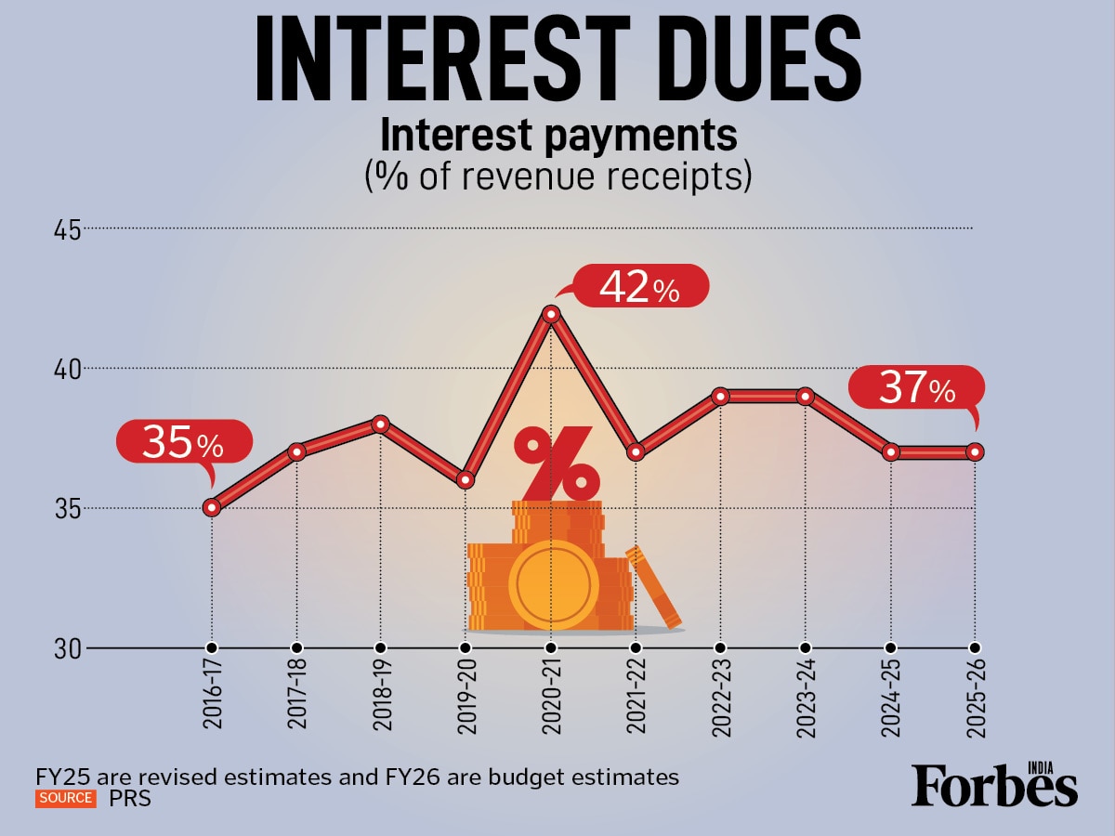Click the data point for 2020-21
coord(551,314)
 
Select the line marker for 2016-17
coord(212,507)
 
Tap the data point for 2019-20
coord(466,479)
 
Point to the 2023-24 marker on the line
coord(806,397)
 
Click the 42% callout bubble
coord(640,287)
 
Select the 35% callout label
coord(184,443)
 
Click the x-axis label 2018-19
coord(380,700)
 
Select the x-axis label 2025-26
coord(976,700)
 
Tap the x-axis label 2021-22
coord(636,700)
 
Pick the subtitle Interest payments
coord(557,136)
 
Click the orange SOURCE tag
coord(65,798)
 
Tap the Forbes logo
coord(994,786)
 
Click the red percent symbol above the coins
coord(556,462)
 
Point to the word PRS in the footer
coord(130,798)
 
